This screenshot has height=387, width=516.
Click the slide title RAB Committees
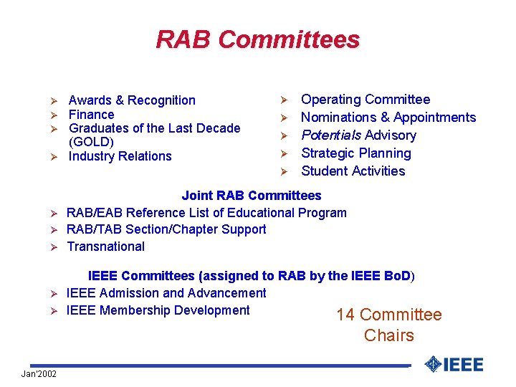coord(257,39)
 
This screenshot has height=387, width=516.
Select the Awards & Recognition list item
coord(132,100)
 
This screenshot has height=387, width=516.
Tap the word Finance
coord(91,115)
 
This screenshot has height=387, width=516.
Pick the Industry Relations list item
coord(120,156)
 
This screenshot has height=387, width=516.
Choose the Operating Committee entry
coord(365,100)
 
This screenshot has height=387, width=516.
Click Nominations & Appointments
coord(388,118)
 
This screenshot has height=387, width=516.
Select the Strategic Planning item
coord(355,153)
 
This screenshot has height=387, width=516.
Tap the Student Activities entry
coord(353,171)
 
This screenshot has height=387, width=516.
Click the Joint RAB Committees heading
coord(251,196)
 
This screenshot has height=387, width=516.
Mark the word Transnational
coord(105,247)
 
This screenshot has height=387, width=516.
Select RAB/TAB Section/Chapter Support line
coord(166,229)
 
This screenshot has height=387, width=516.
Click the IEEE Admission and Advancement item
coord(166,293)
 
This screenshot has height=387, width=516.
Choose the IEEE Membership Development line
coord(158,310)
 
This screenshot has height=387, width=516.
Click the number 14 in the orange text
coord(345,315)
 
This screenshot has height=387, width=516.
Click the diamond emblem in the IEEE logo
coord(431,364)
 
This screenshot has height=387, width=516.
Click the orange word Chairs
coord(388,335)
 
